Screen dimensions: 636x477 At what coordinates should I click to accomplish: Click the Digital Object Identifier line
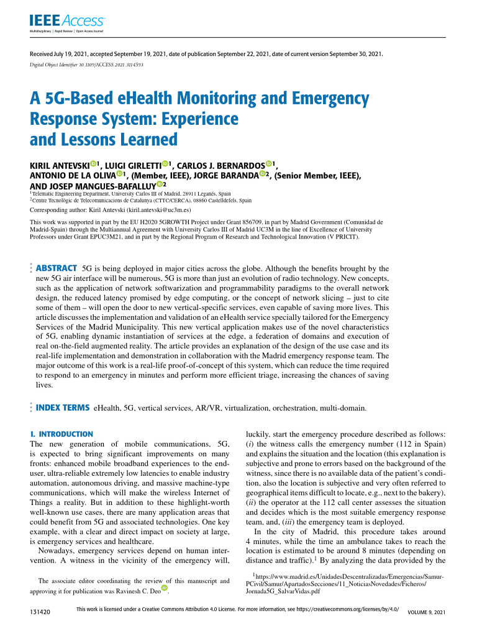86,65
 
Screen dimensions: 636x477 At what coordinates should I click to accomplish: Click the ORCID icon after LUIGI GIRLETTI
166,164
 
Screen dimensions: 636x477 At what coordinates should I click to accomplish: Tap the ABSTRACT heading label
57,268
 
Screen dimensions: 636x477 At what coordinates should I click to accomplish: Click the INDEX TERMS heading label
63,408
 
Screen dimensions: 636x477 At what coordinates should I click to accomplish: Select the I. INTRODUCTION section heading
61,434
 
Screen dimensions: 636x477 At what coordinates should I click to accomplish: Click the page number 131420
40,612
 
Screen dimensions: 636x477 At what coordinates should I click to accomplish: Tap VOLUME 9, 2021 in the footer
427,612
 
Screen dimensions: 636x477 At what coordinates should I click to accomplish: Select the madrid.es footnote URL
348,584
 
